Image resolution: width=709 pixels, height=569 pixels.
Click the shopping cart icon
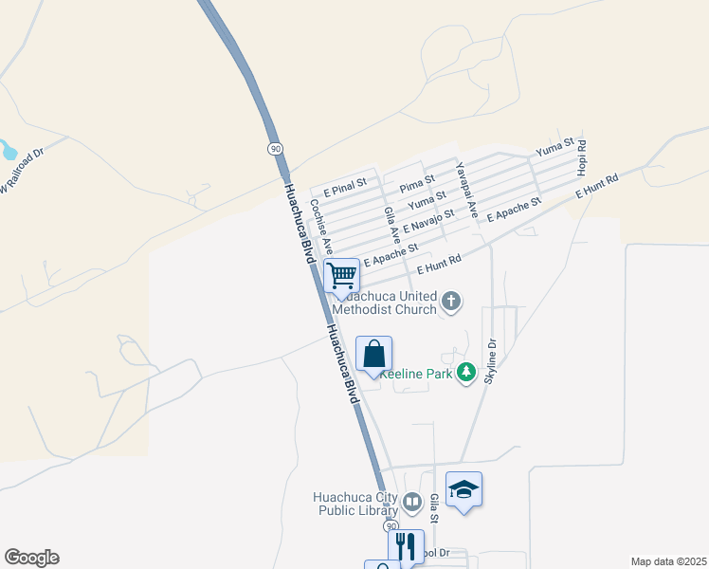(x=341, y=276)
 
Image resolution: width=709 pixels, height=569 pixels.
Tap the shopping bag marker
(x=373, y=355)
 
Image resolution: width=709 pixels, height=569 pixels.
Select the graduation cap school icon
(x=464, y=489)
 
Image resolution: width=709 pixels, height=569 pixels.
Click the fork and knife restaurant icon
(x=406, y=546)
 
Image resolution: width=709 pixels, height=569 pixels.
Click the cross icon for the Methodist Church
(x=451, y=303)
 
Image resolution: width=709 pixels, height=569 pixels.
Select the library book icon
(x=412, y=502)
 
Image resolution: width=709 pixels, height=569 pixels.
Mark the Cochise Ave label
(x=321, y=227)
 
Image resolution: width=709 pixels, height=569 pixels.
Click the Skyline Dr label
(x=491, y=359)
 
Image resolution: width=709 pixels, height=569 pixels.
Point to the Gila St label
(x=435, y=508)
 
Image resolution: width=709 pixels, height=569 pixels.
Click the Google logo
(x=31, y=558)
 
